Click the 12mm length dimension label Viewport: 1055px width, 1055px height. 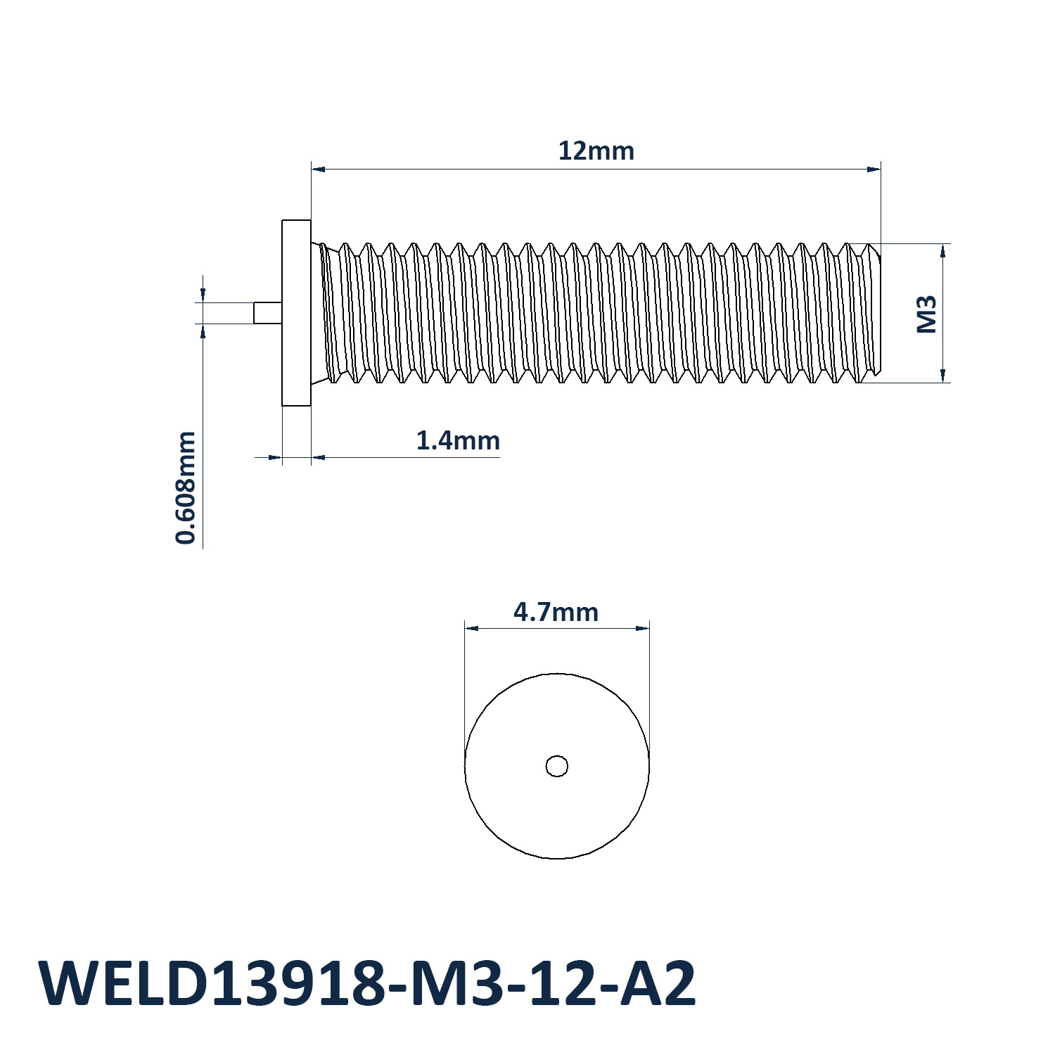[x=596, y=151]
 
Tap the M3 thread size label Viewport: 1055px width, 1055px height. [x=928, y=314]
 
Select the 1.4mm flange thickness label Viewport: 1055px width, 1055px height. [x=458, y=441]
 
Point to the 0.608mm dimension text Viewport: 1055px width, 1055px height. [x=186, y=487]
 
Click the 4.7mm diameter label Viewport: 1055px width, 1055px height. [x=556, y=613]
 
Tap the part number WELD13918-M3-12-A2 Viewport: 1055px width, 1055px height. [x=368, y=984]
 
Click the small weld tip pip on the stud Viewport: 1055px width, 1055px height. [x=268, y=313]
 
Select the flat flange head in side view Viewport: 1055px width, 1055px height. [x=296, y=313]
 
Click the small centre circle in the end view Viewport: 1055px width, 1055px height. [x=557, y=766]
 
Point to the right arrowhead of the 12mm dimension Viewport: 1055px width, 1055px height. [x=874, y=169]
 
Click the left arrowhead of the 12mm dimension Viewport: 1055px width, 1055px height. [x=319, y=169]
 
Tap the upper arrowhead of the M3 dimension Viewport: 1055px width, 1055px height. [x=942, y=251]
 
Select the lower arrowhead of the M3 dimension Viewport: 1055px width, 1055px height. [x=942, y=376]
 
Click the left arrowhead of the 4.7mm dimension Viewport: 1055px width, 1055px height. [x=472, y=628]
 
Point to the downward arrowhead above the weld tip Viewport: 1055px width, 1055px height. [x=203, y=295]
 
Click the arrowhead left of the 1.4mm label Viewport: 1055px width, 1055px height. [x=275, y=457]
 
